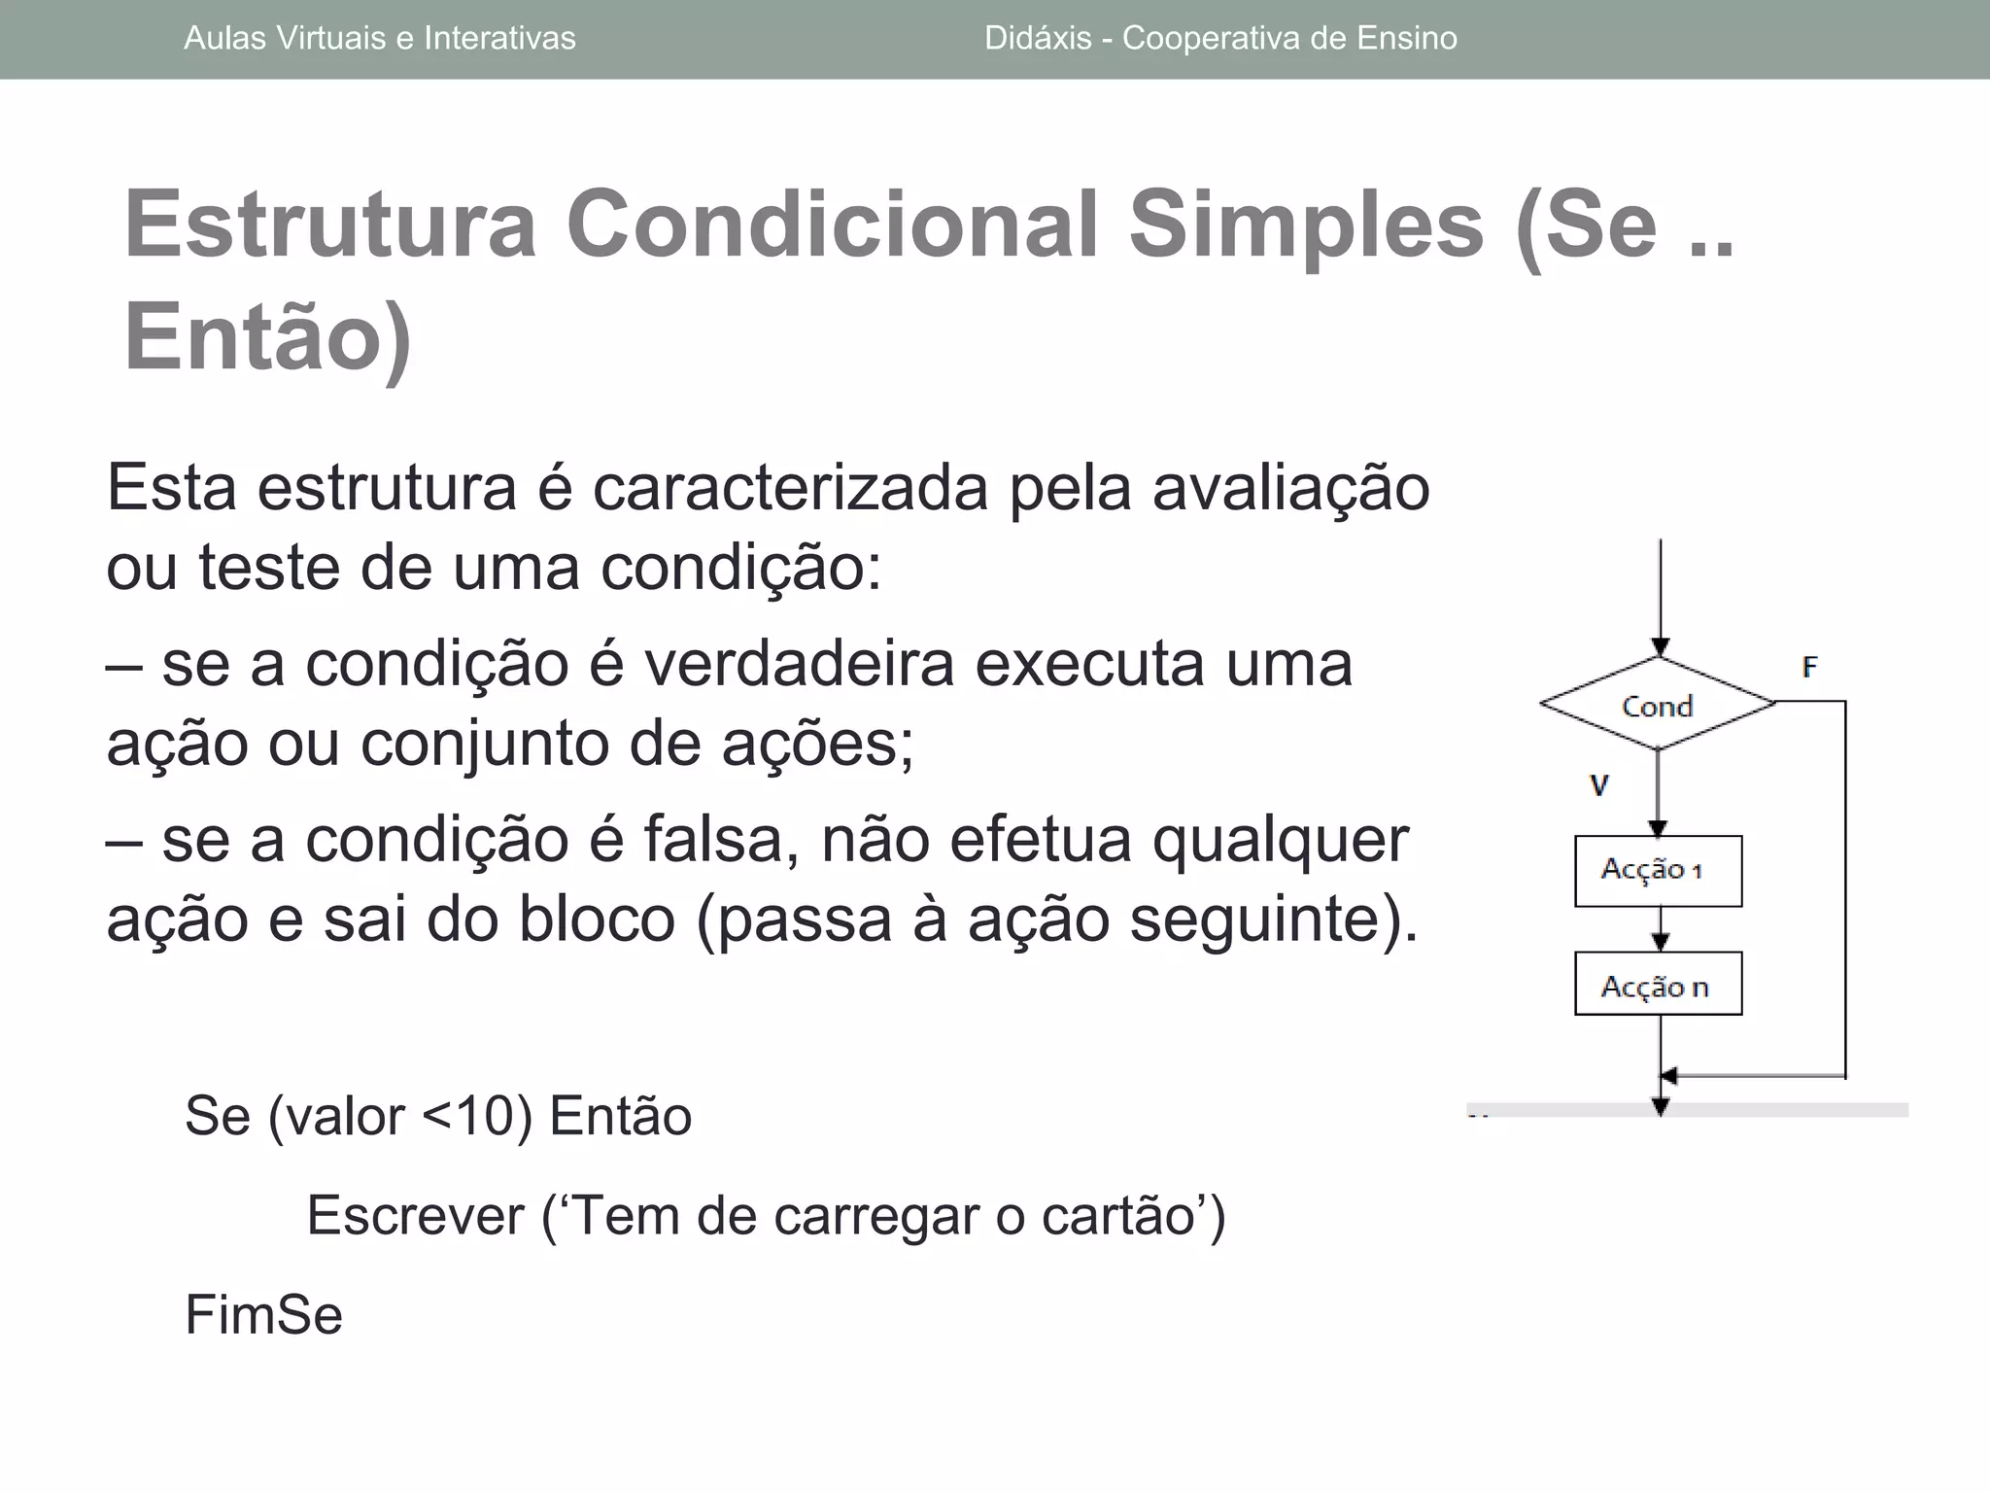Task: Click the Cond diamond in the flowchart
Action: click(1658, 704)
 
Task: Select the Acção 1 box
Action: click(1658, 870)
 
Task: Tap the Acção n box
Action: click(1658, 984)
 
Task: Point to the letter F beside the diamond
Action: click(1809, 667)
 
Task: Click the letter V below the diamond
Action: click(1599, 785)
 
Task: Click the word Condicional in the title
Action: click(832, 226)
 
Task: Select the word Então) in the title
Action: click(268, 337)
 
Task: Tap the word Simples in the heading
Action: click(1306, 226)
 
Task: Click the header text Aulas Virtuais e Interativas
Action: click(379, 39)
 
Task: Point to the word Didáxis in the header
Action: click(1038, 39)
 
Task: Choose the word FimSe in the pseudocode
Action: click(263, 1315)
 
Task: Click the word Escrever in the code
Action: click(415, 1215)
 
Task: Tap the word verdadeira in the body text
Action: click(799, 664)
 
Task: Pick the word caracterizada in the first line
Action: click(790, 487)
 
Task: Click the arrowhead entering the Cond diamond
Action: click(1661, 647)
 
